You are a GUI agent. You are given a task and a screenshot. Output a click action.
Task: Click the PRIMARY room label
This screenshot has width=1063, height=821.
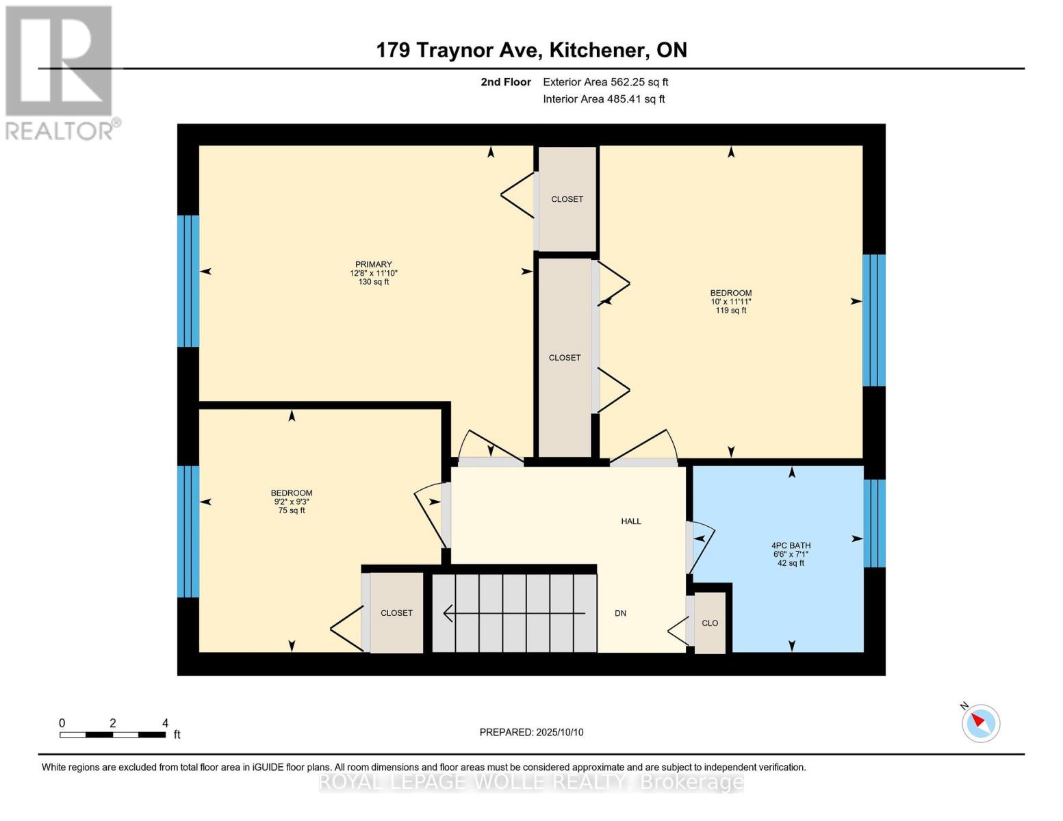[373, 264]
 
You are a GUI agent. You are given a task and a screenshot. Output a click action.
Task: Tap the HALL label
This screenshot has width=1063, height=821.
[630, 521]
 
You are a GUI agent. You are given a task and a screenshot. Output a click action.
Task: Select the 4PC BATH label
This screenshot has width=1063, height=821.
[791, 545]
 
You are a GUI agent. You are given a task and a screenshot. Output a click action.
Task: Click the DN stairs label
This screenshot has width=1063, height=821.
[620, 613]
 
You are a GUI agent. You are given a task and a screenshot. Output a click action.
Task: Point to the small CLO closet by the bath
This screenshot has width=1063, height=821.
[710, 623]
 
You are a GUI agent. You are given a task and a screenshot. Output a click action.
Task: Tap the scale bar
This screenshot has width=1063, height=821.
[112, 734]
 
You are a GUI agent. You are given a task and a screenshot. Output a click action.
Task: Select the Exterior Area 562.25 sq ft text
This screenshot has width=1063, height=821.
[606, 82]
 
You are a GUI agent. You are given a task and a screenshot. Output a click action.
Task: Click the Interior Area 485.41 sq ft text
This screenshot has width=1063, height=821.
[604, 99]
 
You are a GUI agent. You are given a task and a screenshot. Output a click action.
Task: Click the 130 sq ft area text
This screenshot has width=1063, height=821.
[373, 282]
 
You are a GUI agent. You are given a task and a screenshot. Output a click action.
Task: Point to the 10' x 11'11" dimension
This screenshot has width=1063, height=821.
[731, 302]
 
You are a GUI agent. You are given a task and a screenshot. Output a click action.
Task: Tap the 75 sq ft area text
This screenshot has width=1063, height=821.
[292, 510]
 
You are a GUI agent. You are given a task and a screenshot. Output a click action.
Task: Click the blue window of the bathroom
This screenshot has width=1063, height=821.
[875, 523]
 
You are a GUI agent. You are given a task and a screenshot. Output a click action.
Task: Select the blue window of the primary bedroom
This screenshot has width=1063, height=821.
[188, 281]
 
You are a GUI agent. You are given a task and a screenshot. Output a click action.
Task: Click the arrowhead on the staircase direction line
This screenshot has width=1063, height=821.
[447, 613]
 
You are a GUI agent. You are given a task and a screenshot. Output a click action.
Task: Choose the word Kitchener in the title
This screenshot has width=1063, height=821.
[600, 50]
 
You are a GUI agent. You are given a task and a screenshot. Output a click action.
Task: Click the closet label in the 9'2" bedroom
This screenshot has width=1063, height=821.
[396, 613]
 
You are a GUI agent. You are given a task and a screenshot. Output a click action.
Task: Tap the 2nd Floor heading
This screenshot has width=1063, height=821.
[506, 82]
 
